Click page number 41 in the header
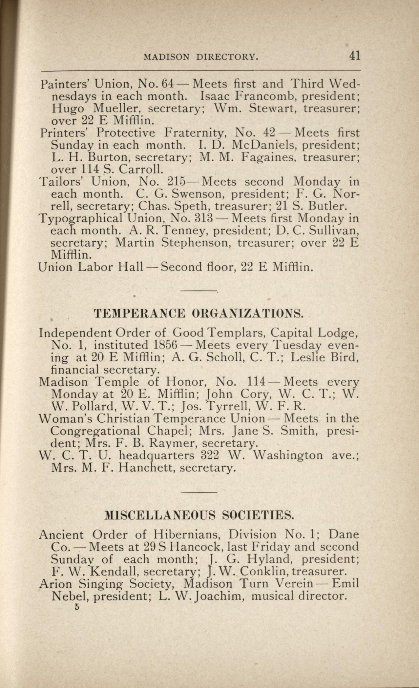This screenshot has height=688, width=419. click(355, 56)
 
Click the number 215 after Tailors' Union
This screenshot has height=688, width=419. click(177, 181)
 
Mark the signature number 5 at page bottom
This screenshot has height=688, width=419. click(77, 607)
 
